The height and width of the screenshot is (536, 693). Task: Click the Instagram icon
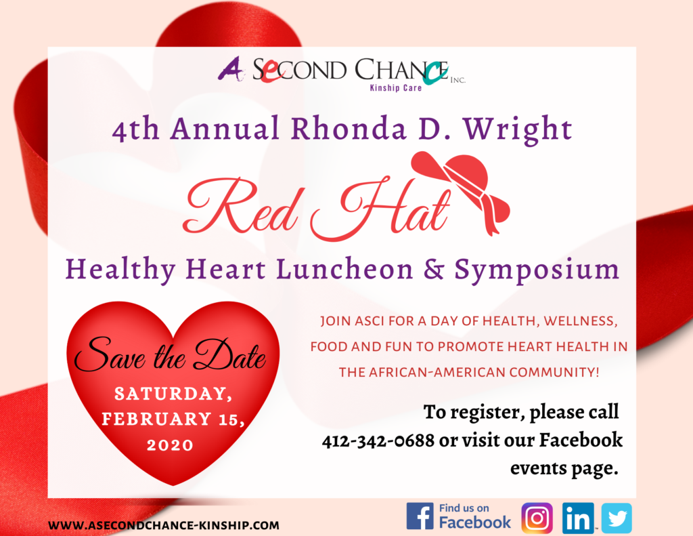[537, 518]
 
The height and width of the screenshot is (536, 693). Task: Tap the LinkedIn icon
[578, 518]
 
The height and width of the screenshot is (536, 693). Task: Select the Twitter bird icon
[617, 518]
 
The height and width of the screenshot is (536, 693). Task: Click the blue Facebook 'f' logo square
[420, 516]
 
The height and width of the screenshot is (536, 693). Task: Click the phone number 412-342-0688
[378, 441]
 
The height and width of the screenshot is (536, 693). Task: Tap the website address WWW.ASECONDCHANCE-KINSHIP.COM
[164, 525]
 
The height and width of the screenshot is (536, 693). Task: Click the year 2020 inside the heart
[170, 445]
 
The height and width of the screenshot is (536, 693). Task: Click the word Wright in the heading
[518, 129]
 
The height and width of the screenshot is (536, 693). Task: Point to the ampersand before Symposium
[434, 268]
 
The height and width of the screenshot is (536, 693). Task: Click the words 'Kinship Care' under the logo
[395, 87]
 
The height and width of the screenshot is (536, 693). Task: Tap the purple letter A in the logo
[231, 70]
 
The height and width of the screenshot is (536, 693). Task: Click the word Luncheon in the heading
[344, 269]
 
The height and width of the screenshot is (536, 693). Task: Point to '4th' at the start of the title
[135, 129]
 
